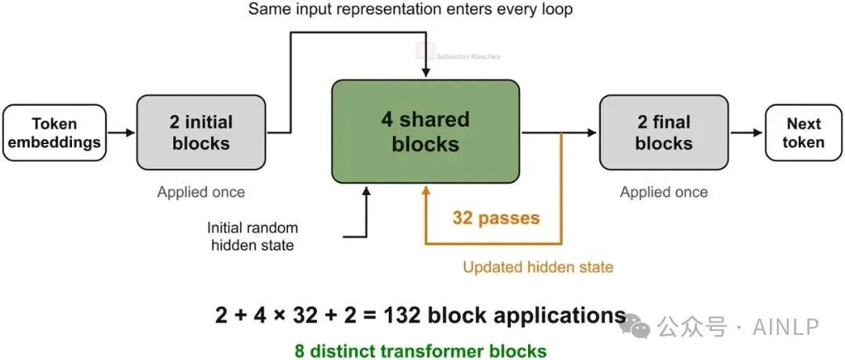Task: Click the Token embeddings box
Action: click(x=55, y=132)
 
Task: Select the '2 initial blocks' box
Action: click(x=201, y=132)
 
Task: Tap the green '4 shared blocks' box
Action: click(x=425, y=131)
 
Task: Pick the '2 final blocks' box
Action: click(x=664, y=132)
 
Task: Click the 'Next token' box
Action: click(x=804, y=132)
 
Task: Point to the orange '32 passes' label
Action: click(x=496, y=218)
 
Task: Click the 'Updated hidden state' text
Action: click(x=538, y=267)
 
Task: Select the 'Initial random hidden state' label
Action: click(x=252, y=236)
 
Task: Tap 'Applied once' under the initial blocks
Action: click(x=201, y=192)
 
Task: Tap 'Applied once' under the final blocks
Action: click(x=664, y=192)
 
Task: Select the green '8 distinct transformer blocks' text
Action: click(x=420, y=351)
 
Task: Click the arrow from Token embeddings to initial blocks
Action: click(x=121, y=132)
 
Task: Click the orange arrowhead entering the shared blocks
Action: click(x=426, y=189)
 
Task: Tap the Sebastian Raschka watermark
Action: click(x=458, y=52)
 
